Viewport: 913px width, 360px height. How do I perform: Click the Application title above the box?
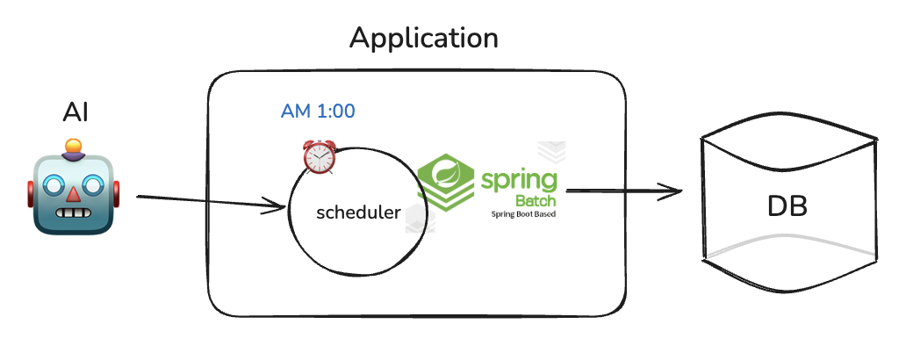tap(423, 39)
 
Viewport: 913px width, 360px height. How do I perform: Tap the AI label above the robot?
tap(75, 113)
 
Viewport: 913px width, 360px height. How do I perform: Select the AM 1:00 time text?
tap(318, 112)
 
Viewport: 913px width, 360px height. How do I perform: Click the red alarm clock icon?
tap(318, 156)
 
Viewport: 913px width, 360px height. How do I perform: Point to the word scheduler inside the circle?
tap(358, 212)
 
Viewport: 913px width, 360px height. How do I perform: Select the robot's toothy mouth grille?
tap(75, 214)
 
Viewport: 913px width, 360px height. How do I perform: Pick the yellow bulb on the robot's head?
tap(75, 145)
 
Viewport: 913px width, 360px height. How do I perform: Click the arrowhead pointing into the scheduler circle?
tap(279, 208)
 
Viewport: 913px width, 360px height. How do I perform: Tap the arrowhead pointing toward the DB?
tap(674, 191)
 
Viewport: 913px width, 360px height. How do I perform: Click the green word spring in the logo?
tap(518, 182)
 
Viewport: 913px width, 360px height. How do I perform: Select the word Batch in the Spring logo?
tap(537, 201)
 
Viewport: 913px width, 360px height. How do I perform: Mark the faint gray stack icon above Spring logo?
tap(552, 150)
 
